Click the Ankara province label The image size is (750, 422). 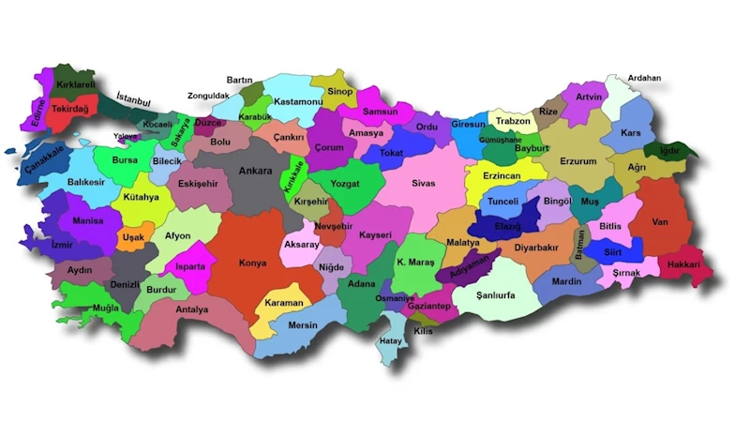point(255,172)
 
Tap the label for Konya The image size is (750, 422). point(252,264)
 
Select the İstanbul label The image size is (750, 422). point(133,98)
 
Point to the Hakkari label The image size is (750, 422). point(685,265)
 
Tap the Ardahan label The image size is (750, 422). point(644,78)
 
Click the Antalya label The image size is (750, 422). point(191,309)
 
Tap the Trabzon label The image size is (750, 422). point(513,122)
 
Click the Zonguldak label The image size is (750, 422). point(207,96)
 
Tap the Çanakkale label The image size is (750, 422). point(44,162)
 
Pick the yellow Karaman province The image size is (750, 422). point(283,304)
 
